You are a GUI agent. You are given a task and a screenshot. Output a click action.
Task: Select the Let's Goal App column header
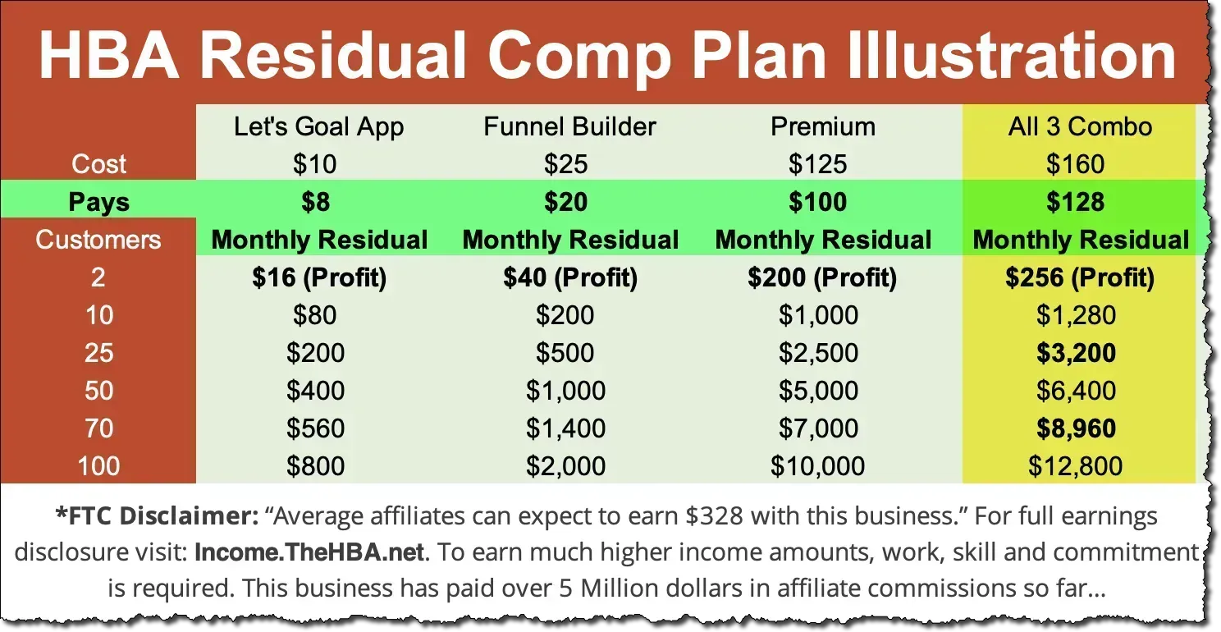(x=318, y=126)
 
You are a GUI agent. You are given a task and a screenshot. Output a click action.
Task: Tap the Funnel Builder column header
(x=569, y=126)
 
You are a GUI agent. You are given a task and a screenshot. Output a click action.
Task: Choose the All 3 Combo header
(x=1080, y=126)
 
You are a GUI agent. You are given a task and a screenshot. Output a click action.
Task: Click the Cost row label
(x=98, y=164)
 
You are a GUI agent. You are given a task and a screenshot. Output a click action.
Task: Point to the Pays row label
(x=98, y=203)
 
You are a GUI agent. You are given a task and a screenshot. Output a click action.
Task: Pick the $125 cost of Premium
(x=817, y=164)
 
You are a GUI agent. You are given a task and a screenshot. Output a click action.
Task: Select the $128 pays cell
(x=1075, y=203)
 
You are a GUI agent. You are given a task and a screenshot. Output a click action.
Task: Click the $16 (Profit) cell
(x=318, y=278)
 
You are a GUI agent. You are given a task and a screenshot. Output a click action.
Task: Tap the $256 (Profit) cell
(x=1080, y=278)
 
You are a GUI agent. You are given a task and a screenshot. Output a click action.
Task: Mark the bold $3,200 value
(x=1075, y=354)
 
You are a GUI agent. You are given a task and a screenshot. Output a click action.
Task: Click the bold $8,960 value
(x=1075, y=429)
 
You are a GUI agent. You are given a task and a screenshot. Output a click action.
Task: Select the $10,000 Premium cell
(x=817, y=467)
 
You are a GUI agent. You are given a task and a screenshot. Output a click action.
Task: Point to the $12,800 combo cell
(x=1075, y=467)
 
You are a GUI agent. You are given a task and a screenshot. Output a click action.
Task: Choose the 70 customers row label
(x=98, y=429)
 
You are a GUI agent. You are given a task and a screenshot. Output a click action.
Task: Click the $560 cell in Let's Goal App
(x=316, y=429)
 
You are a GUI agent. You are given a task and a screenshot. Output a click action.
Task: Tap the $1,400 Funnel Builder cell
(x=566, y=429)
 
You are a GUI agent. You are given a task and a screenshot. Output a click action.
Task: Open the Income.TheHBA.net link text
(x=310, y=552)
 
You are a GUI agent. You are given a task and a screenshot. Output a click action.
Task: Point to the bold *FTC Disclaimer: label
(x=155, y=517)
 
